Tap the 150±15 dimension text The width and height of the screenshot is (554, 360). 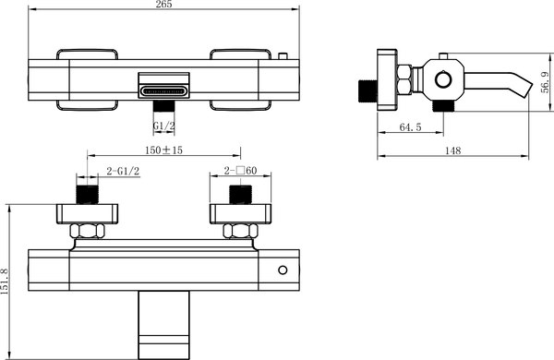click(x=163, y=150)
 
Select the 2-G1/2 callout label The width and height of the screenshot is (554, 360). click(x=123, y=172)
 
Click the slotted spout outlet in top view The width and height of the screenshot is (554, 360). click(x=163, y=90)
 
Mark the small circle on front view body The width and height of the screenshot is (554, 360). click(x=283, y=270)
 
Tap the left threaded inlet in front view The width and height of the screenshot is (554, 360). click(x=88, y=194)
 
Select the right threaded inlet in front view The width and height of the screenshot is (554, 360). click(x=240, y=194)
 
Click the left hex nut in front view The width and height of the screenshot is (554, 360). click(x=88, y=230)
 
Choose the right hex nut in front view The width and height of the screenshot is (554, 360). click(x=240, y=230)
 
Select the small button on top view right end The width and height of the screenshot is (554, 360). click(x=283, y=54)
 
